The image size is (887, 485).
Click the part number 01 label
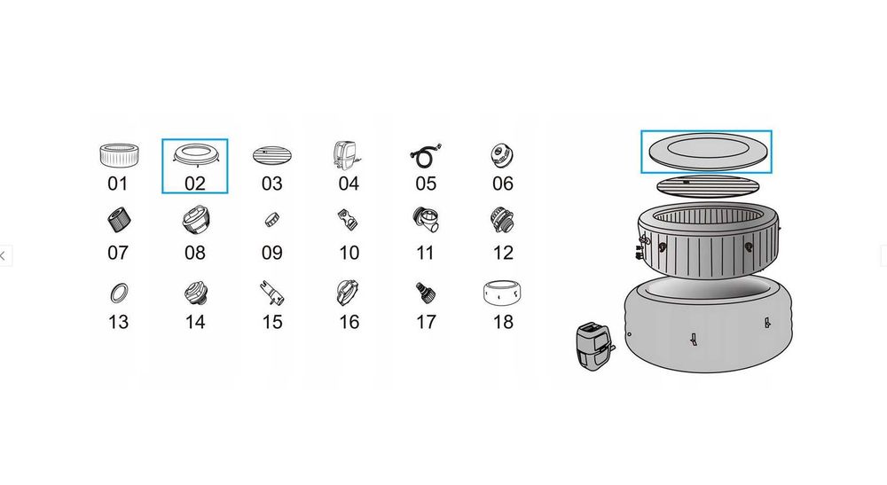coord(118,184)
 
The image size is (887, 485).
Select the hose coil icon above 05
coord(426,156)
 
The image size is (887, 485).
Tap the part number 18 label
coord(503,322)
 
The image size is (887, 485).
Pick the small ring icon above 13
coord(118,293)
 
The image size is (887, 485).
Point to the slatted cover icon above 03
coord(272,155)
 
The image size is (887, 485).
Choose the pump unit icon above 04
coord(347,155)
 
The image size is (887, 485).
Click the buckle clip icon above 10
coord(349,219)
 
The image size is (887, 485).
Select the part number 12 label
coord(503,253)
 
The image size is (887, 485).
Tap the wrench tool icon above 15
coord(271,293)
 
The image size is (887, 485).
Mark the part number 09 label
coord(272,253)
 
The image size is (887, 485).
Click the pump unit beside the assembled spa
coord(594,346)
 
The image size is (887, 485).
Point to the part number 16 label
coord(349,322)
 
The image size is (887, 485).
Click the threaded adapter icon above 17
coord(426,293)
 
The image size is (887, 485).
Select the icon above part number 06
coord(502,155)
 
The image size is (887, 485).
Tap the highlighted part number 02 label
coord(194,184)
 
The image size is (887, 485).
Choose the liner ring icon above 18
coord(502,293)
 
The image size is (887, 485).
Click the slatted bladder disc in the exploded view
coord(706,185)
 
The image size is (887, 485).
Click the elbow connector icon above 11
coord(426,219)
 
